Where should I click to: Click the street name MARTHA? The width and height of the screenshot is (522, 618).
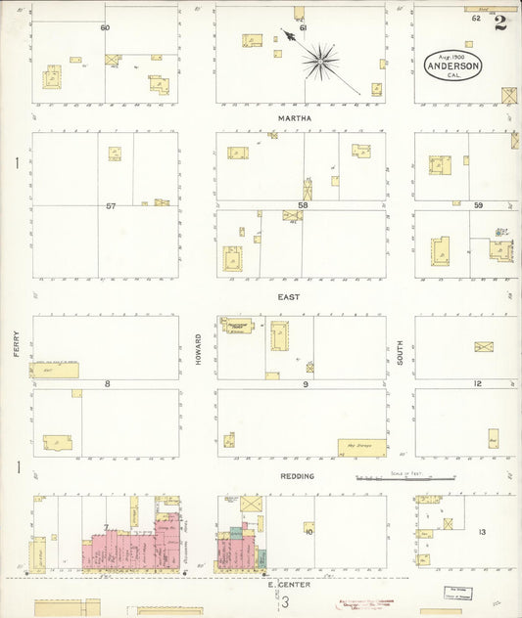coord(294,118)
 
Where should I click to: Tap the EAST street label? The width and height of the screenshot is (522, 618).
coord(288,296)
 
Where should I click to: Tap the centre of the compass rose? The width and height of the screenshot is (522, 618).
coord(319,63)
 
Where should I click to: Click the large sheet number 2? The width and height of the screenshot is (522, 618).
coord(500,22)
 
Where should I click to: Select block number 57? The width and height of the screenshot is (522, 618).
coord(111,206)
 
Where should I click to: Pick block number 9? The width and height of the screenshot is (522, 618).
coord(305,384)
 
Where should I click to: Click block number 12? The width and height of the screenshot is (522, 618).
coord(478,383)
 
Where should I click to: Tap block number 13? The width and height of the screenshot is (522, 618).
coord(482,532)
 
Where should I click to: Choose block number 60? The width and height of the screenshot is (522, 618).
coord(105,27)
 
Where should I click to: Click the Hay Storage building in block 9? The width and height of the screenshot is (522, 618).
coord(360,446)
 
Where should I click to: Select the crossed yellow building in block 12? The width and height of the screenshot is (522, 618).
coord(483,346)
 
